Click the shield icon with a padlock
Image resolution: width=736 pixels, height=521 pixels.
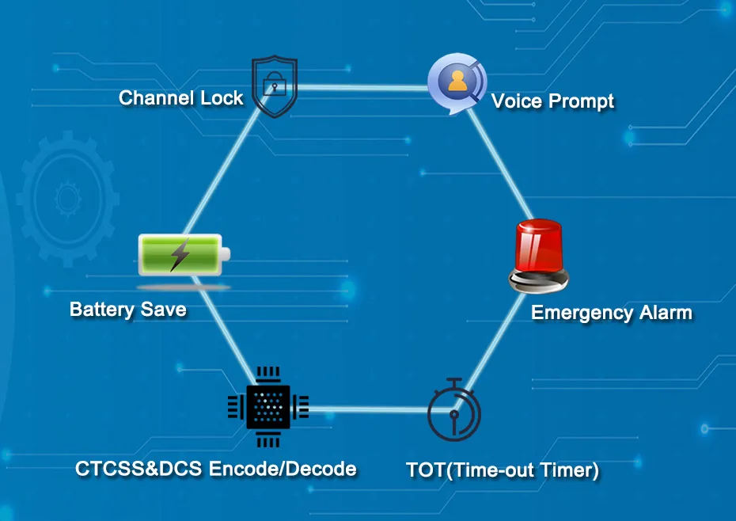(x=273, y=87)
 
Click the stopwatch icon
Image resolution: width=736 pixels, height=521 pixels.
(x=453, y=412)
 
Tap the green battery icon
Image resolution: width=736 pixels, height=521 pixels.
(x=183, y=255)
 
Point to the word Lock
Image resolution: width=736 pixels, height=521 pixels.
(x=221, y=98)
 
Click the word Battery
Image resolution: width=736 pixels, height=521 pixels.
(x=101, y=309)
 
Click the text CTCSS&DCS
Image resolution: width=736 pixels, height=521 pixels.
(x=138, y=469)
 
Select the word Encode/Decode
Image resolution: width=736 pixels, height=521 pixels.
(x=282, y=469)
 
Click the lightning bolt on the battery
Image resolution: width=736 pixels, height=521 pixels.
(x=180, y=254)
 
